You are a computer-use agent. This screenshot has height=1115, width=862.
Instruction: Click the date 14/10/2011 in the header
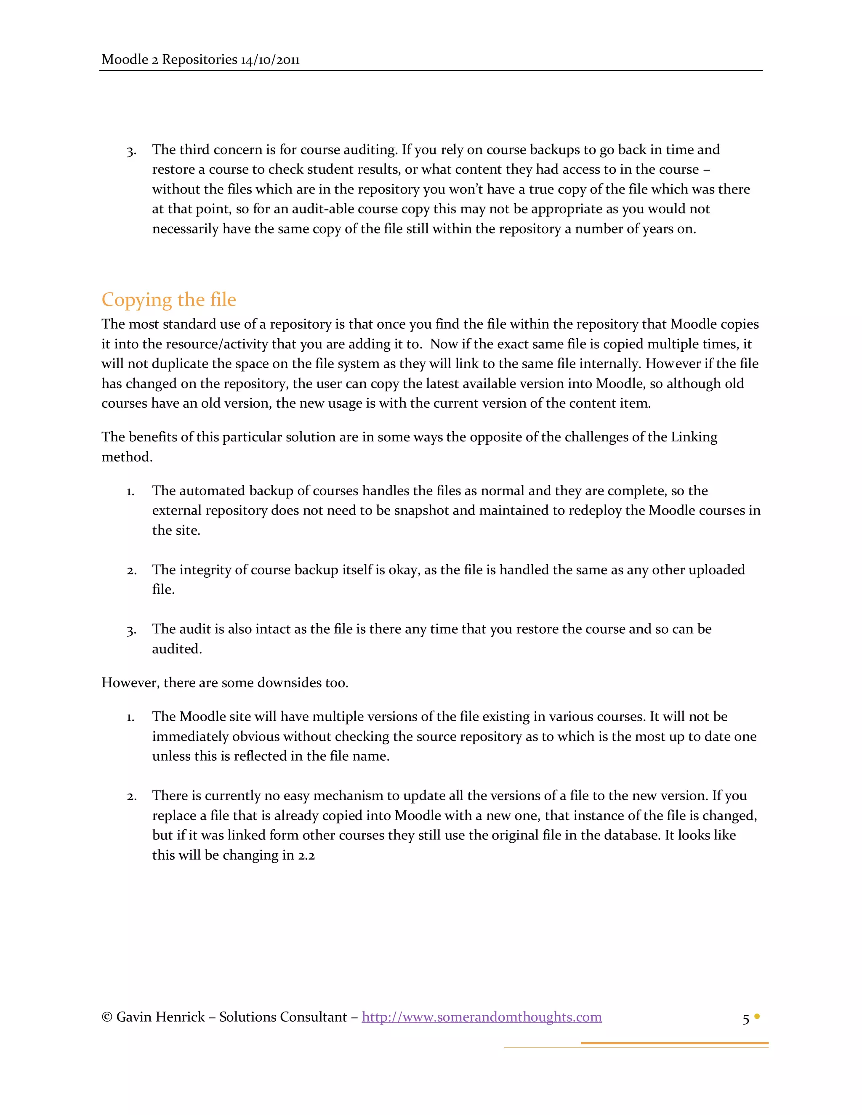click(270, 60)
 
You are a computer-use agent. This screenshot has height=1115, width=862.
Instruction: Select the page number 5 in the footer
click(745, 1019)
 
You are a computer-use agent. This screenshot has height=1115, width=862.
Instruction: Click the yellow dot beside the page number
click(757, 1016)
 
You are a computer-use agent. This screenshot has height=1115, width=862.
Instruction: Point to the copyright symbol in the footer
click(107, 1017)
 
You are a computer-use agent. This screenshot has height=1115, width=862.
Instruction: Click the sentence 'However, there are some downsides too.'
click(225, 682)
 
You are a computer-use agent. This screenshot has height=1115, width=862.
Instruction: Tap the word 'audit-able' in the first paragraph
click(293, 209)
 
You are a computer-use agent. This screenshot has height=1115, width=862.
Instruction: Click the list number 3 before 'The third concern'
click(131, 151)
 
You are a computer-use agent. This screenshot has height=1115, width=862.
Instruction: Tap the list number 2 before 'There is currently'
click(131, 797)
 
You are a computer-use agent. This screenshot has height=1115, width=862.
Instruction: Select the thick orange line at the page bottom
click(674, 1043)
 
